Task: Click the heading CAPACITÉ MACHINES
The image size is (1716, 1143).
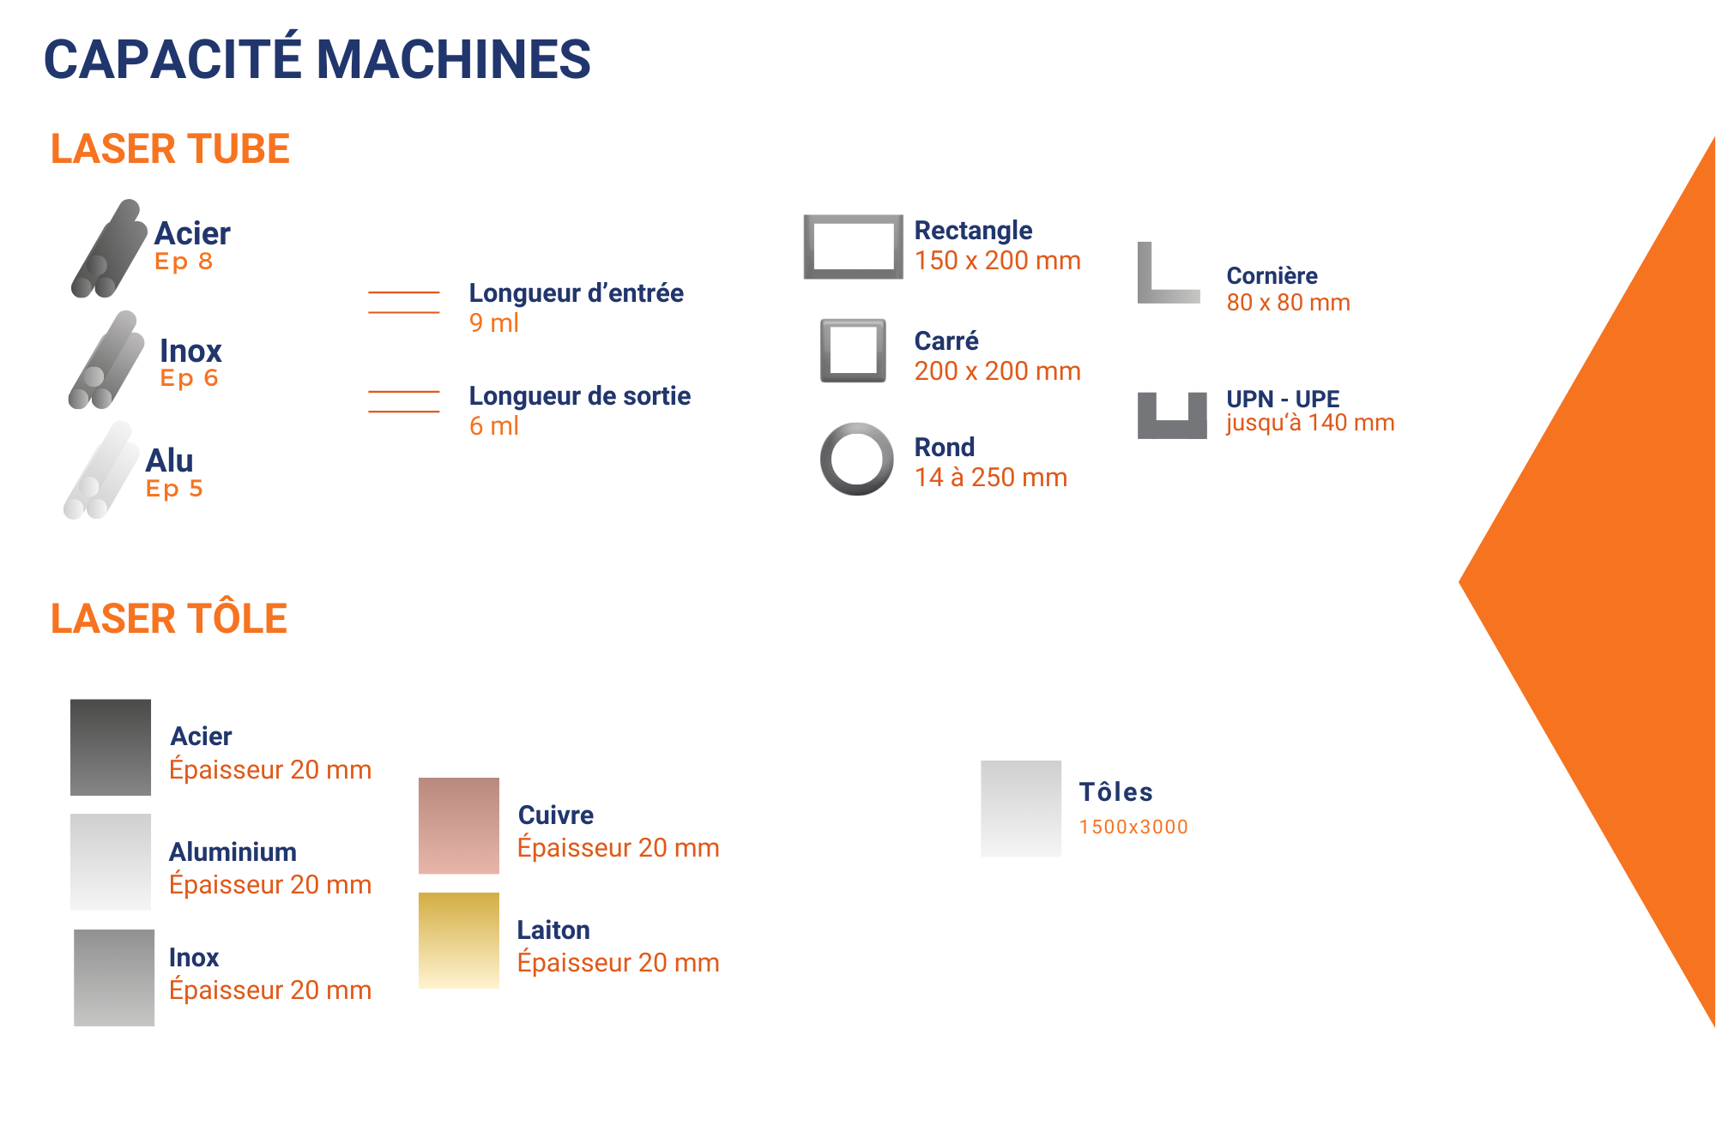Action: tap(317, 59)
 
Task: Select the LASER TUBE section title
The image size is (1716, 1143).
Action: tap(170, 149)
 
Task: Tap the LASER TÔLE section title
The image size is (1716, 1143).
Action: tap(168, 618)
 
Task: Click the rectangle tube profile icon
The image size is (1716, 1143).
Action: tap(853, 247)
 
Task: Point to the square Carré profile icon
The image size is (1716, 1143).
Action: tap(853, 351)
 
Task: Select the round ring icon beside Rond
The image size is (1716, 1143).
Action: tap(856, 459)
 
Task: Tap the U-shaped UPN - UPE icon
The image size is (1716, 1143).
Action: tap(1172, 416)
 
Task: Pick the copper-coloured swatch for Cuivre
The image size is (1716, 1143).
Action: tap(459, 826)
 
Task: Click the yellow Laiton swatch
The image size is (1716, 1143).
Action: tap(459, 941)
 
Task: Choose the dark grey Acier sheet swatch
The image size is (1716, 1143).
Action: tap(111, 747)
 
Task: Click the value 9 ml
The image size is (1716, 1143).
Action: tap(493, 323)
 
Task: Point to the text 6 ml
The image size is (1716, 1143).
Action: tap(493, 426)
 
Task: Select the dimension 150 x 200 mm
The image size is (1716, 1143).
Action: tap(997, 261)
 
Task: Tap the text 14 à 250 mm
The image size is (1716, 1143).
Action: tap(990, 478)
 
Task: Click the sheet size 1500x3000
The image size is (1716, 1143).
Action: tap(1133, 827)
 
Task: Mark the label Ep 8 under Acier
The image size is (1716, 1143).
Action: tap(184, 262)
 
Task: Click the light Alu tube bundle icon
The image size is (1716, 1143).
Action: tap(101, 471)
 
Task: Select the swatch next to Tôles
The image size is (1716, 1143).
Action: tap(1021, 809)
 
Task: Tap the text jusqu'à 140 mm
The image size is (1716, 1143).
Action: tap(1309, 423)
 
